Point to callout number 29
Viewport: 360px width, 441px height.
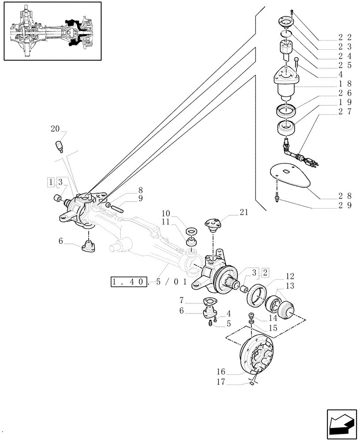tap(346, 206)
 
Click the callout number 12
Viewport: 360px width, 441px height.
tap(289, 277)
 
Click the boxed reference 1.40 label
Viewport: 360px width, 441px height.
tap(129, 281)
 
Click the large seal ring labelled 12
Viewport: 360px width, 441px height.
tap(254, 295)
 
